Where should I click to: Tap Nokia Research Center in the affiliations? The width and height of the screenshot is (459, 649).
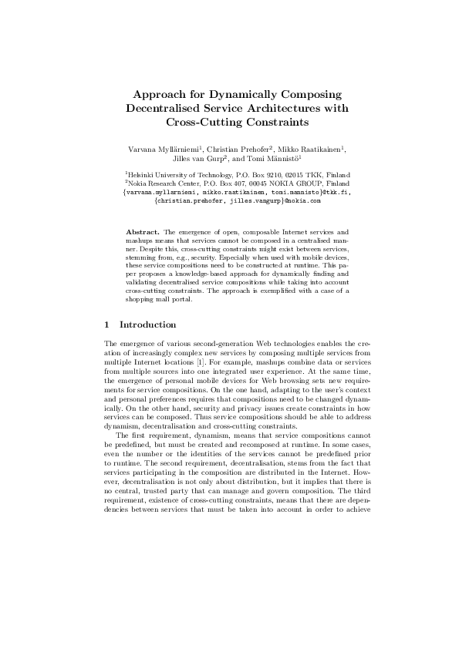click(165, 184)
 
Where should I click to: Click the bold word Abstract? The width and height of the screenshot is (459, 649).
click(142, 231)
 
